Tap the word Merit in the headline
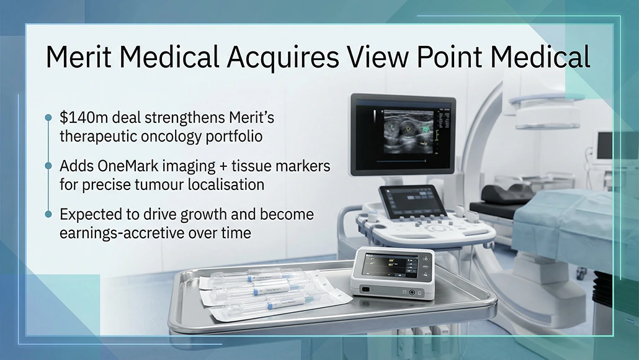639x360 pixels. click(x=79, y=57)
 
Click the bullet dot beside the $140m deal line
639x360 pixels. click(x=48, y=117)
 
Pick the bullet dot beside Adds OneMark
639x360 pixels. click(x=48, y=166)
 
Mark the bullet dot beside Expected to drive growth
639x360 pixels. click(x=48, y=214)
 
